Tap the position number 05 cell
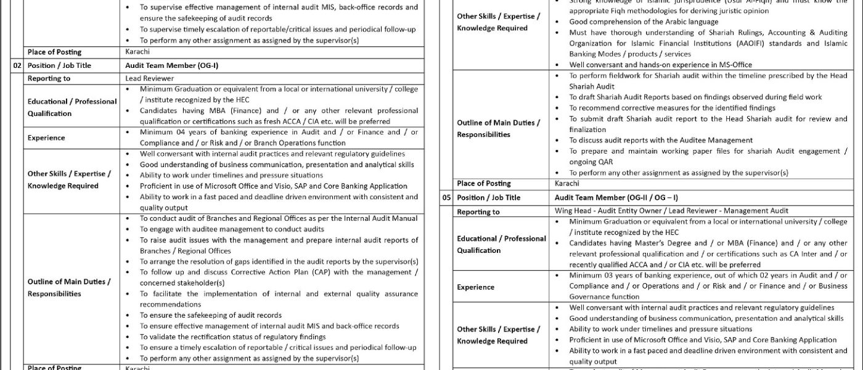pyautogui.click(x=448, y=197)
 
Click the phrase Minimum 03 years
pyautogui.click(x=597, y=276)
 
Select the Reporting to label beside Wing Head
pyautogui.click(x=478, y=212)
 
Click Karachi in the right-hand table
pyautogui.click(x=567, y=184)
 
